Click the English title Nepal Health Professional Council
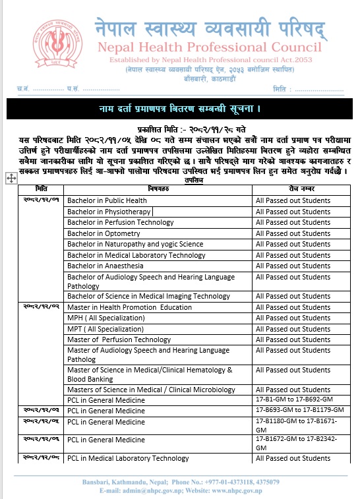(x=210, y=47)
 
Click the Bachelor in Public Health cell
(x=107, y=200)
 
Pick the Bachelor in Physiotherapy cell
(x=109, y=212)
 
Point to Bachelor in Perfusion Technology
(x=120, y=223)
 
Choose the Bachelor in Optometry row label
(x=104, y=233)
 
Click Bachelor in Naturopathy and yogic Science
(x=135, y=244)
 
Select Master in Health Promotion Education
(x=129, y=307)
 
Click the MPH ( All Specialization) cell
(x=105, y=318)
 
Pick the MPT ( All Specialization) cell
(x=105, y=328)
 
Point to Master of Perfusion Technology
(x=119, y=339)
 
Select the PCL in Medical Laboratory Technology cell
(x=128, y=458)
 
